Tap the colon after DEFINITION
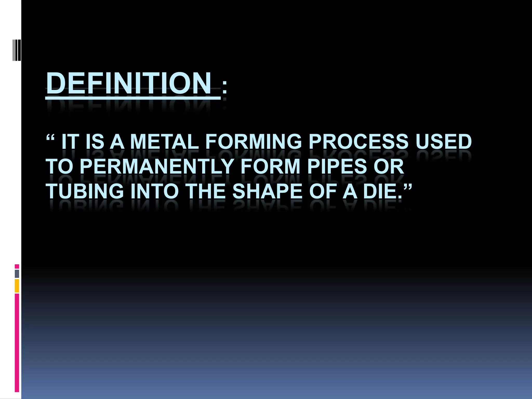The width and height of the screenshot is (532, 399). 224,87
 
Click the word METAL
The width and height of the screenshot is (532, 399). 164,142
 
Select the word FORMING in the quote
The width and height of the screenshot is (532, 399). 254,142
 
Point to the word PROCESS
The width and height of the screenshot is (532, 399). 358,142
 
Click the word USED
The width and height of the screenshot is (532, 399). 444,142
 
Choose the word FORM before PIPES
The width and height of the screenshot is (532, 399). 270,167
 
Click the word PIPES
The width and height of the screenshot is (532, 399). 337,167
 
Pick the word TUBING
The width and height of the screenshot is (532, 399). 85,191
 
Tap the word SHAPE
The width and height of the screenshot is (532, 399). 268,191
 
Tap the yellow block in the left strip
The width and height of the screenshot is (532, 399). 17,286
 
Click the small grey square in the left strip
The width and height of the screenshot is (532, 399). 17,274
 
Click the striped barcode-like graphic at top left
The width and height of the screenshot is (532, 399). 17,50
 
